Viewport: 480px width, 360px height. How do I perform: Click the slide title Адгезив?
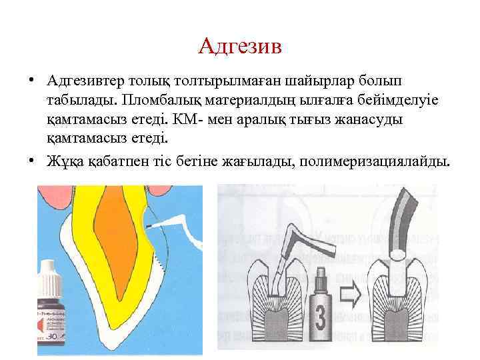click(240, 47)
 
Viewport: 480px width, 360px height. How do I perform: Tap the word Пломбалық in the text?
click(163, 99)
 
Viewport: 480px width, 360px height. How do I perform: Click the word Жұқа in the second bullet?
click(63, 161)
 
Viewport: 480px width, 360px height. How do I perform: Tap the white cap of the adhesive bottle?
click(47, 274)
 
